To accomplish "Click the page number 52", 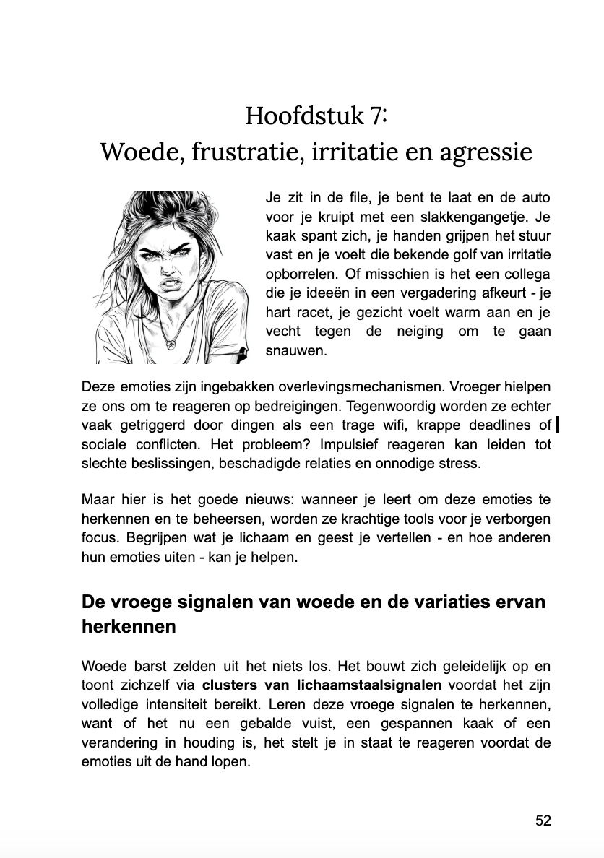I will [x=543, y=820].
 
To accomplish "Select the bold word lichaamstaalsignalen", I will [x=370, y=685].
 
